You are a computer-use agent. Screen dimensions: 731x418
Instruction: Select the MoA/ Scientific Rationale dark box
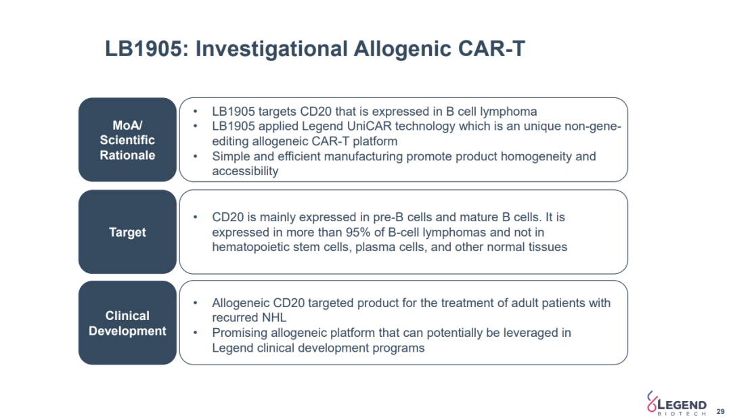tap(127, 140)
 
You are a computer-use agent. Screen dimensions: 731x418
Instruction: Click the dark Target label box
tap(127, 231)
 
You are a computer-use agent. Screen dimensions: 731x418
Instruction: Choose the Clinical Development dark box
tap(127, 323)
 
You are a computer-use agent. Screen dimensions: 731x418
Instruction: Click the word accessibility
tap(245, 172)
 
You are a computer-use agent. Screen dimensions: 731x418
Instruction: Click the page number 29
tap(720, 411)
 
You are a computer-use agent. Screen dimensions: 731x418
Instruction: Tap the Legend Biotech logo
tap(676, 404)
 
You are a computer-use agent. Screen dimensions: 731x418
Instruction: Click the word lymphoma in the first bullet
tap(508, 112)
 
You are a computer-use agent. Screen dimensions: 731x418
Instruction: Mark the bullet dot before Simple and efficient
tap(196, 156)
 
